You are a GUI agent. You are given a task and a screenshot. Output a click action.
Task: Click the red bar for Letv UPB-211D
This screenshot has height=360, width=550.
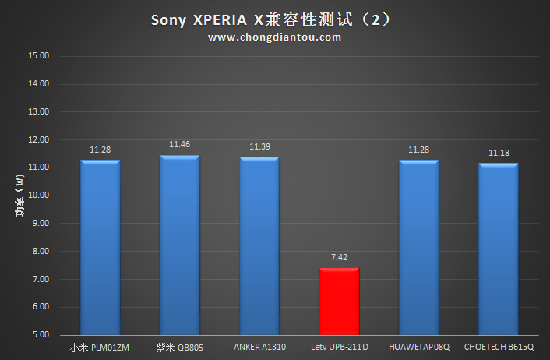[339, 302]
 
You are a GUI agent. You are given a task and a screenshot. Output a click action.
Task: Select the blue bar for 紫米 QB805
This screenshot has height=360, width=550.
[180, 245]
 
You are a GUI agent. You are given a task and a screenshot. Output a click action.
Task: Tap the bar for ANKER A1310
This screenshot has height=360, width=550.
[259, 246]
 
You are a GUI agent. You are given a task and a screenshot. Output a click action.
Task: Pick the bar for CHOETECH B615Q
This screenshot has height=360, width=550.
[499, 249]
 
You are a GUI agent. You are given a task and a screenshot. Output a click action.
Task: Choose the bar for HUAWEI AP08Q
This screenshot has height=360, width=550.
[419, 248]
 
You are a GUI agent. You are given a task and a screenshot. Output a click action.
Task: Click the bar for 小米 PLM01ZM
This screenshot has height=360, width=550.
[100, 248]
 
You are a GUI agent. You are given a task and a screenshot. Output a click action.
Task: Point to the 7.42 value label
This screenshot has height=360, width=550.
[339, 257]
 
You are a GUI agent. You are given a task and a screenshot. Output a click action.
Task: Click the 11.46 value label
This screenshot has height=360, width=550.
[180, 145]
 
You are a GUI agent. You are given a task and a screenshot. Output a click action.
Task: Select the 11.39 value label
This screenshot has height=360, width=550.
[259, 146]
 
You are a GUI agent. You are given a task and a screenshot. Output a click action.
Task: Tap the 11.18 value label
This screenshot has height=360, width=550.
[499, 153]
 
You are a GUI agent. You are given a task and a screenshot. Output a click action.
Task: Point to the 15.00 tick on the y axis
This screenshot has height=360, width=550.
[38, 56]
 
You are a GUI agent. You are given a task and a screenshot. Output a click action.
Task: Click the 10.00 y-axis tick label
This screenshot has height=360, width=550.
[38, 196]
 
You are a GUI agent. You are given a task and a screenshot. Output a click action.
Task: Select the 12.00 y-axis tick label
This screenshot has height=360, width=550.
[38, 139]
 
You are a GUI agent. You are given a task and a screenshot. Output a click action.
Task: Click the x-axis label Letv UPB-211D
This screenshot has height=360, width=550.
[339, 347]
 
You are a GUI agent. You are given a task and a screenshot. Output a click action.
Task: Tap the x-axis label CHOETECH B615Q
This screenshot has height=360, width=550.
[499, 347]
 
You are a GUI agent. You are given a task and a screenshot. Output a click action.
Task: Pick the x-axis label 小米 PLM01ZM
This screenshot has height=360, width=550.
[100, 347]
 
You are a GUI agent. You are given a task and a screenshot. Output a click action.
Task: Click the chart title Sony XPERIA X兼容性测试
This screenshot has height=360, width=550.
[275, 19]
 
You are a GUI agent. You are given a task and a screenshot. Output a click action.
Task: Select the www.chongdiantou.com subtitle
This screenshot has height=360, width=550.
[275, 37]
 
